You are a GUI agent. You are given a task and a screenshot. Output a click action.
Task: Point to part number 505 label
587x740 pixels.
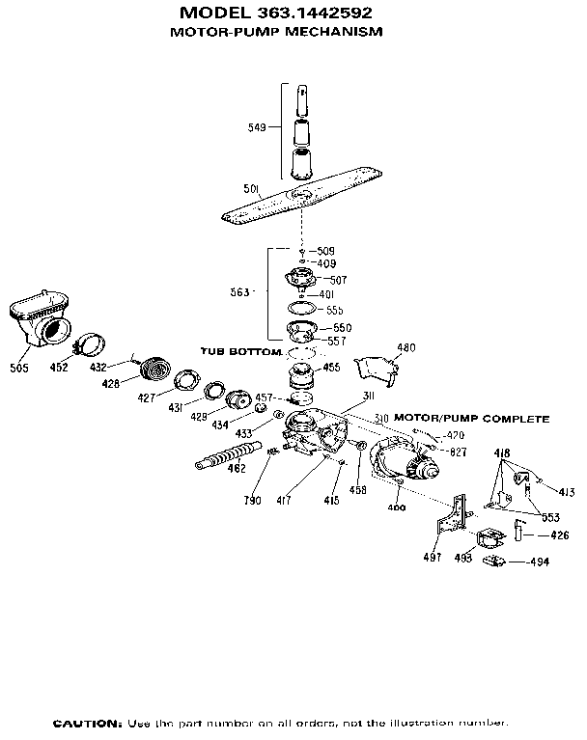click(x=19, y=368)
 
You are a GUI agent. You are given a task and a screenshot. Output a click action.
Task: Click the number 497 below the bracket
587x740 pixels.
click(x=433, y=557)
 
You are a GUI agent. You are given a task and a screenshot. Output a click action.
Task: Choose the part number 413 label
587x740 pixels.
click(x=566, y=492)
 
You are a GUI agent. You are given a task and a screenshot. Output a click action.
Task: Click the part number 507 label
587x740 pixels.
click(x=339, y=280)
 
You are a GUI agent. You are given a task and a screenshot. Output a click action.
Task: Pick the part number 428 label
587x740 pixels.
click(x=111, y=384)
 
